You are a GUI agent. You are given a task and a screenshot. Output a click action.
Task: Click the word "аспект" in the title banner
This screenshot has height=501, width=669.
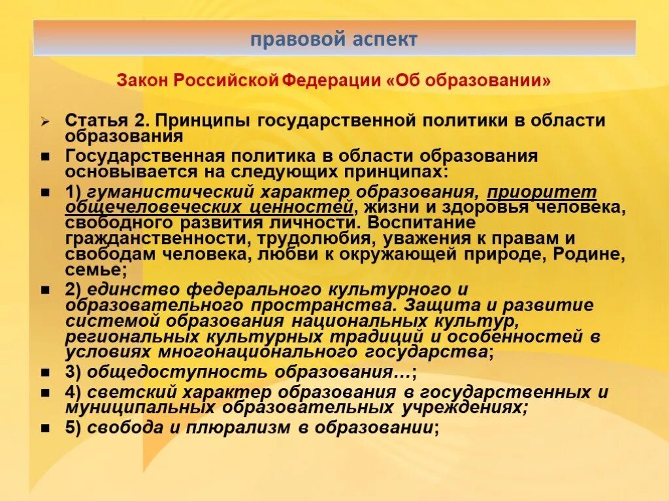tap(384, 39)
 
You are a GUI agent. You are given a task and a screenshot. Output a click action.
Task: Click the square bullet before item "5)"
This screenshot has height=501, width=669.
tap(45, 429)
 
